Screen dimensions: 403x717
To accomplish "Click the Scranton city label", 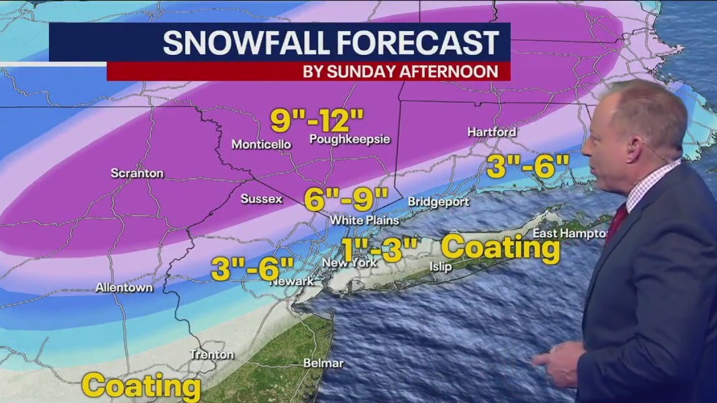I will pyautogui.click(x=137, y=173).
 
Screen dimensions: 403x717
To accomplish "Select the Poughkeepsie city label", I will pyautogui.click(x=350, y=139).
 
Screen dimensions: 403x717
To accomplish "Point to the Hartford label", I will pyautogui.click(x=491, y=131).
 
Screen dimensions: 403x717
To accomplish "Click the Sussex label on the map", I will pyautogui.click(x=261, y=198).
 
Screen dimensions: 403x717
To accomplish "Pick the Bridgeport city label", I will pyautogui.click(x=438, y=201).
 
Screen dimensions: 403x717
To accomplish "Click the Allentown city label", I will pyautogui.click(x=124, y=287).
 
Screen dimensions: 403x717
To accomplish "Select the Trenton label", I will pyautogui.click(x=212, y=355).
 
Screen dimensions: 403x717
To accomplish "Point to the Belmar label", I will pyautogui.click(x=323, y=363).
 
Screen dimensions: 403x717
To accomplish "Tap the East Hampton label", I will pyautogui.click(x=570, y=233).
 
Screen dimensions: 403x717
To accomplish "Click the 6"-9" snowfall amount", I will pyautogui.click(x=346, y=198).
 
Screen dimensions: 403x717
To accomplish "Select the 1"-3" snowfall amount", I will pyautogui.click(x=380, y=250).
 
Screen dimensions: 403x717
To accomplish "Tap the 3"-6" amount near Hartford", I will pyautogui.click(x=528, y=166).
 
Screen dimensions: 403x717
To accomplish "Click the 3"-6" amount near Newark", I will pyautogui.click(x=253, y=268).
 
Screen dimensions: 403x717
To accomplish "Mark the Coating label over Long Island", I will pyautogui.click(x=501, y=247).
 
